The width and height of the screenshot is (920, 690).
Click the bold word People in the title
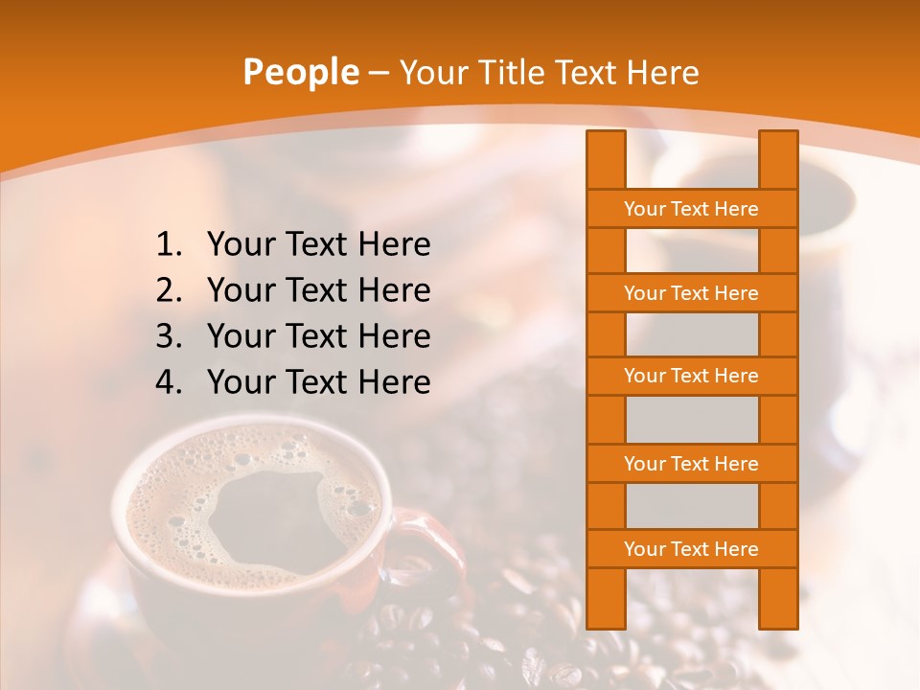point(300,72)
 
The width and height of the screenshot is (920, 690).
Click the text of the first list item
point(318,245)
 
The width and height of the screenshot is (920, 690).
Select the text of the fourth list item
point(318,382)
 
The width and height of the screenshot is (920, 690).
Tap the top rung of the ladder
point(691,209)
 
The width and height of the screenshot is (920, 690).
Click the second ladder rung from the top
point(691,293)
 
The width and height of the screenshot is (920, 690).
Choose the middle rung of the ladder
point(691,377)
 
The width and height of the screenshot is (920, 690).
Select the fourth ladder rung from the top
point(691,464)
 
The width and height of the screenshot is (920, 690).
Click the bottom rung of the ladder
point(691,549)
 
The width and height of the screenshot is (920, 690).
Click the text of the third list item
point(318,336)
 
